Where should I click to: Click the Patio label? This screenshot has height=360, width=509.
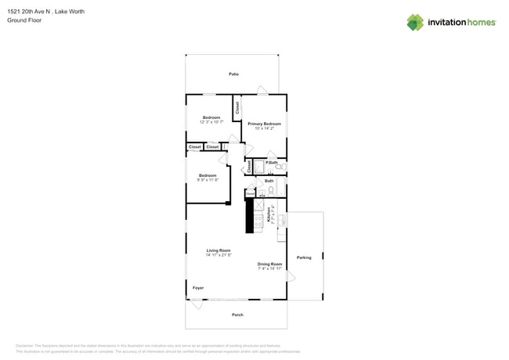tap(233, 74)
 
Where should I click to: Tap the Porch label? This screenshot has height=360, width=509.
tap(237, 315)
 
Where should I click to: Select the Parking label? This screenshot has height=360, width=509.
tap(304, 257)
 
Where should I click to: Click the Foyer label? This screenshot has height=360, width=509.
tap(198, 288)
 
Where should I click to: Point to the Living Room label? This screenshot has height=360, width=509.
tap(218, 250)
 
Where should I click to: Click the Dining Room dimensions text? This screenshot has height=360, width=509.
tap(269, 268)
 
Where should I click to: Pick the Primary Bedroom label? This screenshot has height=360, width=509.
tap(265, 124)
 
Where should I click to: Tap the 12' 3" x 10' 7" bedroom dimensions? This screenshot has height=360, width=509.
tap(211, 122)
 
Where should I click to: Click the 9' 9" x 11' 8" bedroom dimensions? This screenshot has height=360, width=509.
tap(208, 180)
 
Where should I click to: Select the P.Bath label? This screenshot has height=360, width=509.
tap(272, 162)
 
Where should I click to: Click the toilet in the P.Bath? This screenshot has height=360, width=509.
tap(280, 167)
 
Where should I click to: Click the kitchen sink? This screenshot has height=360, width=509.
tap(283, 221)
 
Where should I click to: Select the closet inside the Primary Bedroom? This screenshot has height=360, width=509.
tap(236, 108)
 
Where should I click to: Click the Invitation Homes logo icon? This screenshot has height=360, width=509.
tap(415, 22)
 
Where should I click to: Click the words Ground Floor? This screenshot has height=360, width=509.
tap(23, 20)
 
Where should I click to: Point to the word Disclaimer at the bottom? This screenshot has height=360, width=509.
tap(26, 345)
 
